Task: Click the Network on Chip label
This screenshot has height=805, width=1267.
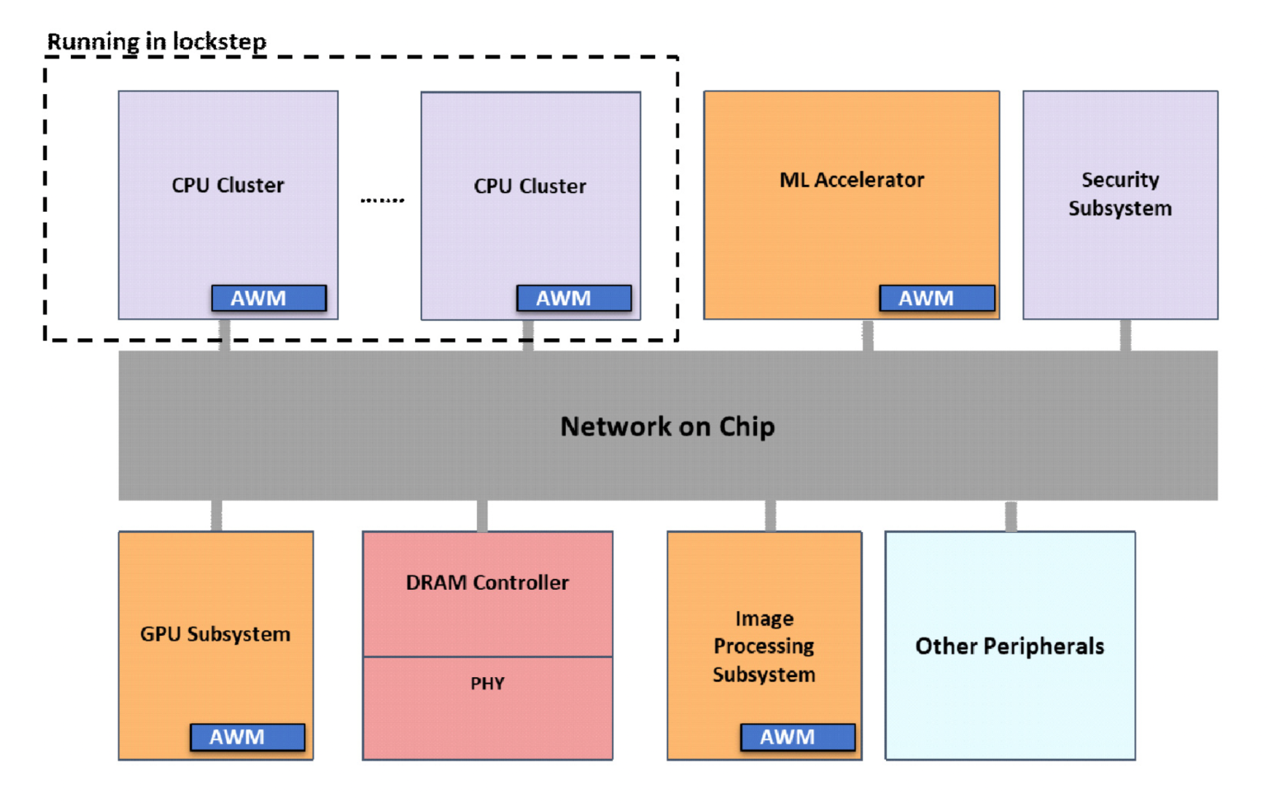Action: click(667, 426)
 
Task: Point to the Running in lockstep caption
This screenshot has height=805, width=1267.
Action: click(157, 41)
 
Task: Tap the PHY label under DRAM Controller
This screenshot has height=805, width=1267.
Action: click(487, 683)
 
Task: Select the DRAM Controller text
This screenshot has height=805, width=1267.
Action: click(487, 582)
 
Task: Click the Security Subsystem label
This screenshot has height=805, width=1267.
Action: click(1119, 194)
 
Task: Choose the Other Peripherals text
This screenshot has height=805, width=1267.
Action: click(1010, 646)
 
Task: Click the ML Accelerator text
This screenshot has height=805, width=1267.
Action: click(851, 180)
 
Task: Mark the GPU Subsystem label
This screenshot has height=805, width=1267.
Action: click(215, 633)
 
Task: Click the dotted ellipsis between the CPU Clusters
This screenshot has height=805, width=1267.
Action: click(382, 200)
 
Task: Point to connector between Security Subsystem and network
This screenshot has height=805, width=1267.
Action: click(1125, 336)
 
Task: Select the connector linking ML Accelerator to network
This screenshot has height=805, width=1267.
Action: click(868, 336)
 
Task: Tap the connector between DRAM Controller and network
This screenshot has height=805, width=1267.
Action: click(483, 515)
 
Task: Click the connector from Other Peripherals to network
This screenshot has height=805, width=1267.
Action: click(1011, 515)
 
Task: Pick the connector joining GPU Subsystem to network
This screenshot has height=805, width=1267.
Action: click(216, 515)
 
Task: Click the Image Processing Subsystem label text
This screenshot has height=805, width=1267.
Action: click(764, 646)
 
